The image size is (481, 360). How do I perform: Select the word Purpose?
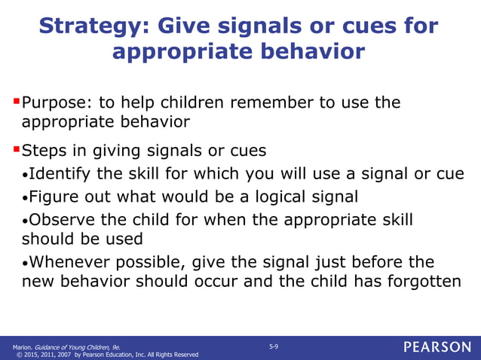click(55, 102)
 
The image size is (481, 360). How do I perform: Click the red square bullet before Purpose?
click(17, 101)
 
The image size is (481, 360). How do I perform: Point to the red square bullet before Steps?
click(17, 151)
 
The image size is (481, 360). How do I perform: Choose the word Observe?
click(63, 222)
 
